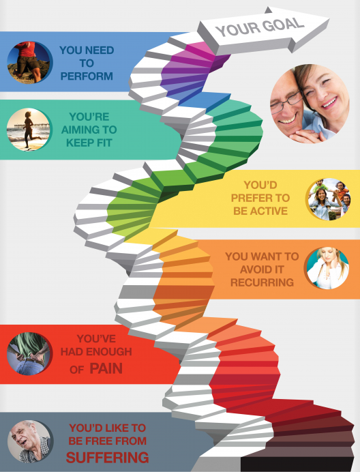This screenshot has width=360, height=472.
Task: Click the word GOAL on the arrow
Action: click(282, 25)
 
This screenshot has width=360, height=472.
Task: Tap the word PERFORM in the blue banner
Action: click(87, 76)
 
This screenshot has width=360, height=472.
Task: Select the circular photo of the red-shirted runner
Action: click(29, 62)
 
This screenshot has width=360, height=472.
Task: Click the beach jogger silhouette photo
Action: click(29, 130)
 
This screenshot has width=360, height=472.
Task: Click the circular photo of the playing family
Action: click(329, 199)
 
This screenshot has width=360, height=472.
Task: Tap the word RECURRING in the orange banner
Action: click(262, 282)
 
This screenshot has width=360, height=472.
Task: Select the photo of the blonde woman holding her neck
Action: click(327, 269)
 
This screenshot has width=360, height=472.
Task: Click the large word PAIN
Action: click(106, 368)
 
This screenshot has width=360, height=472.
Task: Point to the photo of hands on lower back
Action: click(29, 354)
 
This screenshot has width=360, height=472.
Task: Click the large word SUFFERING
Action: click(108, 457)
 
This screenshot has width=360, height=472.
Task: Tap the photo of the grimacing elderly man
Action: click(30, 441)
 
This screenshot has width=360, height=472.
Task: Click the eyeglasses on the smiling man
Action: click(286, 102)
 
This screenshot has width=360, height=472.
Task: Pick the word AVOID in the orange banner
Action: click(262, 269)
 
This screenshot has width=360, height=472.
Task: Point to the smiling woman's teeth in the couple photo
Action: click(331, 103)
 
